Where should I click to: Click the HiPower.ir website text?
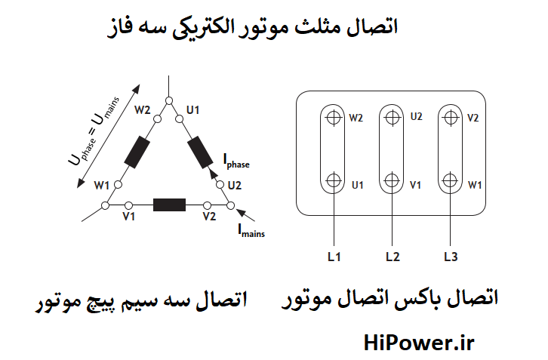coord(417,343)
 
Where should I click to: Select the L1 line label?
coord(334,257)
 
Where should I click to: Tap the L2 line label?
coord(392,257)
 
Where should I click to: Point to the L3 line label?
coord(451,257)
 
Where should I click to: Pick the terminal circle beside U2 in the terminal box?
coord(392,117)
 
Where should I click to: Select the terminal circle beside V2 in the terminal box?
coord(451,117)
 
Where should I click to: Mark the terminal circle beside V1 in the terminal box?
coord(392,180)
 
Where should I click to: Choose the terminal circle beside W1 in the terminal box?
coord(451,180)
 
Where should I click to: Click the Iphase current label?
coord(236,160)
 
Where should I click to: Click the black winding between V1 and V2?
coord(169,205)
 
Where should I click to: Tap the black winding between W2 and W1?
coord(137,152)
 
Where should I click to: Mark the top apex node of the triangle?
coord(169,100)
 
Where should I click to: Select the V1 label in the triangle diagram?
coord(128,217)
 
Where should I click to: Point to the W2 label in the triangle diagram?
coord(143,110)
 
